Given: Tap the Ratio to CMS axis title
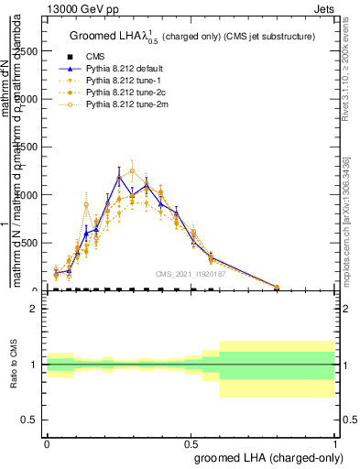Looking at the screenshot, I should click(15, 365).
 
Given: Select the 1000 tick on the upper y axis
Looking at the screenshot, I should click(29, 195).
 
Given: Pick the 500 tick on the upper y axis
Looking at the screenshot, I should click(32, 243).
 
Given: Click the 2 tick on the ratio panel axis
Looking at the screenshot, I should click(37, 309).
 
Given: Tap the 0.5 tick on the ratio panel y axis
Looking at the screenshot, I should click(32, 420).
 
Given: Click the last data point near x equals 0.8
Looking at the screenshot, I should click(277, 287).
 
